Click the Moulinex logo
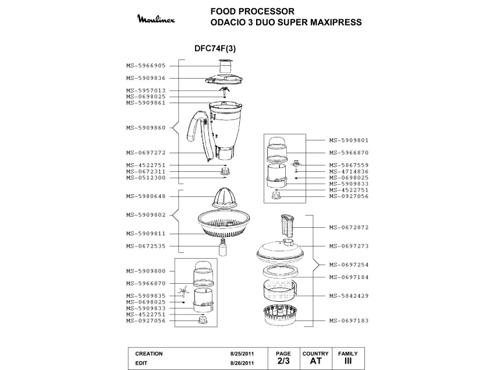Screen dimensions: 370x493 (x=159, y=20)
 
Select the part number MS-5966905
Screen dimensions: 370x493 (x=146, y=66)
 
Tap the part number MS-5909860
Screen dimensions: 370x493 (x=146, y=128)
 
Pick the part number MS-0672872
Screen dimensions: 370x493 (x=348, y=227)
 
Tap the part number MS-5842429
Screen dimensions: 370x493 (x=348, y=296)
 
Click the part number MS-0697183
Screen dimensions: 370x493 (x=348, y=321)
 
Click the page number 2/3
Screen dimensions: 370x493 (x=283, y=361)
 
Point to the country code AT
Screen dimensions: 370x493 (x=315, y=361)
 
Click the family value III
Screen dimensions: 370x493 (x=347, y=361)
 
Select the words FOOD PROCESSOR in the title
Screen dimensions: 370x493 (x=252, y=11)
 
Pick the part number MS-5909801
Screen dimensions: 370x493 (x=348, y=140)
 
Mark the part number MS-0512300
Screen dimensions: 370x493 (x=146, y=178)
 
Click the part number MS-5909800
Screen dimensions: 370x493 (x=146, y=271)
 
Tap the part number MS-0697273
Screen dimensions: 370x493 (x=348, y=246)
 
